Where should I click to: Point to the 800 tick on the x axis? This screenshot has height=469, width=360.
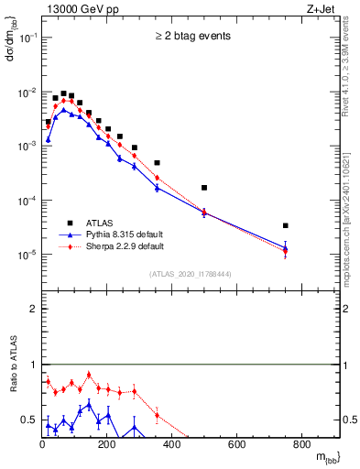[301, 446]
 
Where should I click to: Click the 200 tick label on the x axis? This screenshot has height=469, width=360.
[107, 446]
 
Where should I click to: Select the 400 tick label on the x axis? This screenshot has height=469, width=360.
[172, 446]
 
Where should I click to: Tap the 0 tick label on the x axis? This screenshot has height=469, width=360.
[42, 446]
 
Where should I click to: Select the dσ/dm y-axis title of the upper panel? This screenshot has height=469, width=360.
[11, 41]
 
